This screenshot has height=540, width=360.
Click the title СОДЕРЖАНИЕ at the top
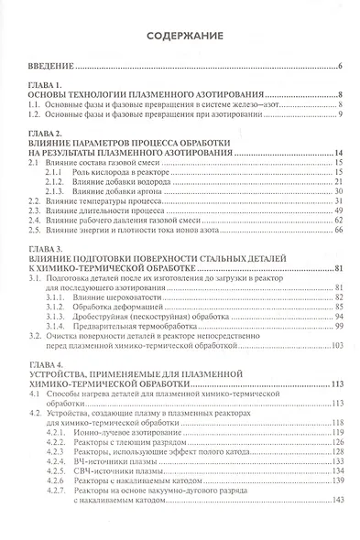pyautogui.click(x=180, y=35)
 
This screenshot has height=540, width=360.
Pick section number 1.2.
pyautogui.click(x=31, y=113)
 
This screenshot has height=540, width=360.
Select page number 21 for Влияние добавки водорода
pyautogui.click(x=337, y=182)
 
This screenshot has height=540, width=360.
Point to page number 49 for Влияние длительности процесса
pyautogui.click(x=337, y=211)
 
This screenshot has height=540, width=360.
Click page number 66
pyautogui.click(x=337, y=231)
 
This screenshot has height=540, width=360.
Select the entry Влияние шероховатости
pyautogui.click(x=109, y=298)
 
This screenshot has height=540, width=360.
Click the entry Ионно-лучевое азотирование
pyautogui.click(x=120, y=432)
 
